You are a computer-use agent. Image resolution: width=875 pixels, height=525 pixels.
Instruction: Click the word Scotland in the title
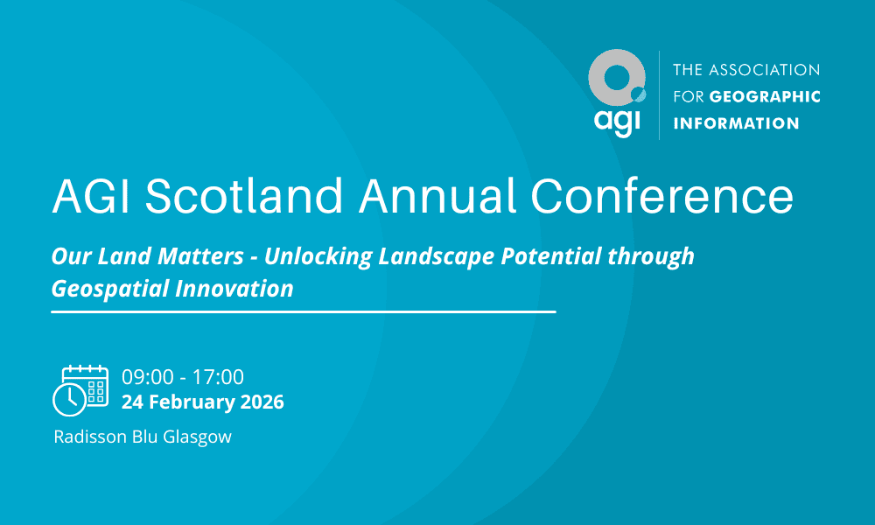pyautogui.click(x=244, y=195)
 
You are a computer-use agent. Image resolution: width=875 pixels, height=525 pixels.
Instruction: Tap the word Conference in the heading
pyautogui.click(x=661, y=195)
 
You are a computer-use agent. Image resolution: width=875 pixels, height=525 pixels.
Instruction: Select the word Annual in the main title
pyautogui.click(x=437, y=195)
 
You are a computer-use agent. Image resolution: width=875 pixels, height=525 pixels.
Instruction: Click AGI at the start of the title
pyautogui.click(x=91, y=195)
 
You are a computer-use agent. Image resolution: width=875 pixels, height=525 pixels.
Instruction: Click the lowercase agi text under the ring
pyautogui.click(x=617, y=122)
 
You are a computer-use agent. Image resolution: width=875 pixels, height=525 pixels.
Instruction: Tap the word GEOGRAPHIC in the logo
pyautogui.click(x=765, y=96)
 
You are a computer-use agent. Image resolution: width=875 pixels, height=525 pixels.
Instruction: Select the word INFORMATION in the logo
pyautogui.click(x=736, y=123)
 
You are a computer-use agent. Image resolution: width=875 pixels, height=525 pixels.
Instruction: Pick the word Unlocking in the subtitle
pyautogui.click(x=318, y=256)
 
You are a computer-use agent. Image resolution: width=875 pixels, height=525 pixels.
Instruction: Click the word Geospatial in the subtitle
pyautogui.click(x=110, y=289)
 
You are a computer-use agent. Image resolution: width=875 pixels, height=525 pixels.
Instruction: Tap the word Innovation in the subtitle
pyautogui.click(x=234, y=289)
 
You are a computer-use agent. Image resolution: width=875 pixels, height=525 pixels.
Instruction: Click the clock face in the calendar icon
pyautogui.click(x=69, y=400)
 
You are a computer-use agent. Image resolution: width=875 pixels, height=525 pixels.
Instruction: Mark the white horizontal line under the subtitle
pyautogui.click(x=304, y=311)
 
